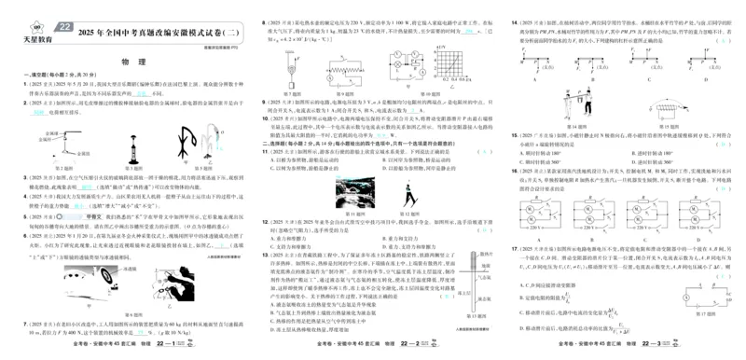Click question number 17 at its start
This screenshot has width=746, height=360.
pos(513,249)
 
